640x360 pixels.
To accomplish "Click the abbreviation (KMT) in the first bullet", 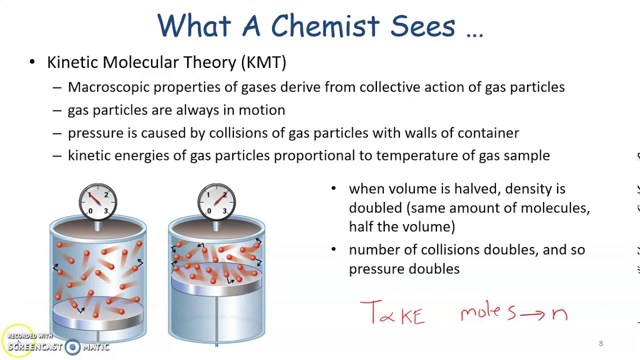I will coord(263,62).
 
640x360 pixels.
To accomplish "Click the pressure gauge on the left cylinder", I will coord(98,202).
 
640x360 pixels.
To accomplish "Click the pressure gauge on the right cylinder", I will coord(216,202).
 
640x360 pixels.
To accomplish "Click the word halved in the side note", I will coord(477,189).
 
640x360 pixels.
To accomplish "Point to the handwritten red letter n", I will coord(559,314).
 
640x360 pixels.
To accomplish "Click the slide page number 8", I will coord(601,343).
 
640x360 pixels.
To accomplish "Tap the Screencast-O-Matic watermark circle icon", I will coord(72,347).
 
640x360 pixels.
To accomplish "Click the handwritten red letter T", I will coord(370,312).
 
